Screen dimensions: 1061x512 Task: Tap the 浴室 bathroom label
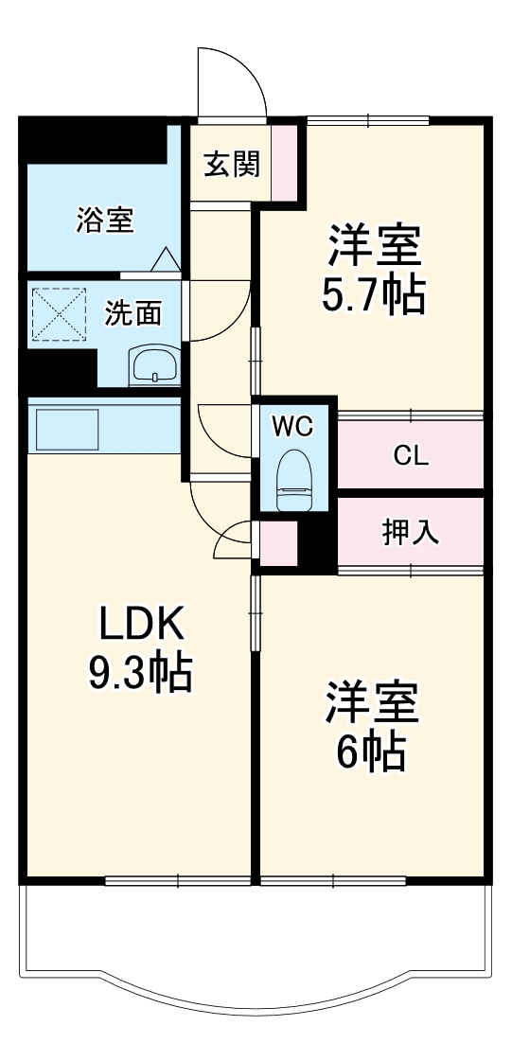click(105, 221)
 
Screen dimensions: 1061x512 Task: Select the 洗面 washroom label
click(132, 313)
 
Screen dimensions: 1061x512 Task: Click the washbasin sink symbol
click(152, 365)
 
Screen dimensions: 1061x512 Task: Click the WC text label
click(293, 427)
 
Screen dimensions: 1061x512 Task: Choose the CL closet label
click(411, 455)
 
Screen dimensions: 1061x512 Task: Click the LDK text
click(141, 625)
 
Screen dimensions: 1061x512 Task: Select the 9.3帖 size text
click(141, 674)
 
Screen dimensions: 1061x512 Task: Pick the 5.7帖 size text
click(373, 296)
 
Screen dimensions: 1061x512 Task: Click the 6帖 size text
click(373, 752)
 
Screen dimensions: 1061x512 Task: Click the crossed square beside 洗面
click(59, 313)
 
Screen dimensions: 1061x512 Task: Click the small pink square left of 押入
click(278, 544)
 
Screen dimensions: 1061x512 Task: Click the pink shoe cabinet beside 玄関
click(286, 163)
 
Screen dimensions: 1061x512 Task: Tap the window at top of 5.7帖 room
click(367, 120)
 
